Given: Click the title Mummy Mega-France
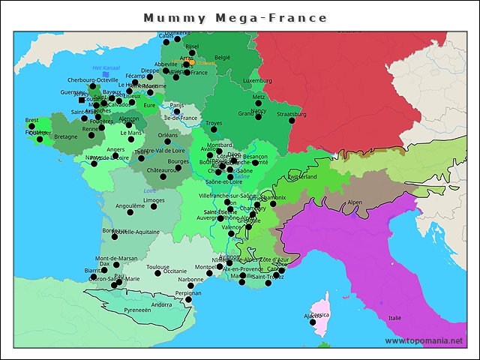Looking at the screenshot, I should click(x=235, y=18).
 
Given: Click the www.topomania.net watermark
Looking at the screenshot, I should click(x=424, y=341).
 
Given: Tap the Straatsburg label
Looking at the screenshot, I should click(x=292, y=115).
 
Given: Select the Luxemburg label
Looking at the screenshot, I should click(x=257, y=80).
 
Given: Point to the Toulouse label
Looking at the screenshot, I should click(x=157, y=266).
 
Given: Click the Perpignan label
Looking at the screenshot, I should click(x=187, y=293).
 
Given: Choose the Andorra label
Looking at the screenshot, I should click(x=161, y=304).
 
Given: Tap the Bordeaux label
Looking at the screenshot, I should click(x=114, y=230).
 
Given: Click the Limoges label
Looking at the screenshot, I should click(x=154, y=200).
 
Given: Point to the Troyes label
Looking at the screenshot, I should click(x=214, y=122).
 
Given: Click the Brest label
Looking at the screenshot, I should click(x=32, y=120).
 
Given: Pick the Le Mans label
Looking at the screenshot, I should click(x=131, y=133).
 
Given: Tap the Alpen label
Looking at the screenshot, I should click(x=355, y=202).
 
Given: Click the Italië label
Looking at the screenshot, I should click(x=394, y=318).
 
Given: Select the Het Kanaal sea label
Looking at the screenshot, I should click(x=106, y=68).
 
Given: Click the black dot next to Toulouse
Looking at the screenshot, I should click(x=157, y=274).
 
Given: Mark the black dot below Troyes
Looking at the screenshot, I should click(x=214, y=130).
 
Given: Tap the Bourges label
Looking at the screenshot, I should click(x=178, y=160).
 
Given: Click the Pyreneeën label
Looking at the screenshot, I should click(x=137, y=309).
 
